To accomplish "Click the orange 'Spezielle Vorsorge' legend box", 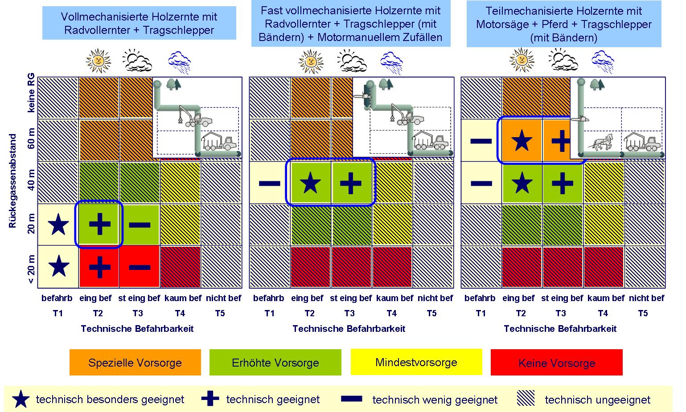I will [135, 362].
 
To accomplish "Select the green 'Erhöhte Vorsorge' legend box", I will [275, 362].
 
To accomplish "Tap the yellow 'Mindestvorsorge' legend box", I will [416, 362].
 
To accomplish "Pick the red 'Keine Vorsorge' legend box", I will [556, 363].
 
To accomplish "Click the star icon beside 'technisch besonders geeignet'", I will [21, 400].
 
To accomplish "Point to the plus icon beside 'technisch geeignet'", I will [210, 399].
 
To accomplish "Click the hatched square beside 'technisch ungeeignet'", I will [526, 399].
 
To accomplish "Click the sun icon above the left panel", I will [98, 61].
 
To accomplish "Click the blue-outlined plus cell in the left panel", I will [99, 224].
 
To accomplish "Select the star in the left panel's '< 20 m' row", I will [58, 267].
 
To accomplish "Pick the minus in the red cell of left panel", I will [140, 267].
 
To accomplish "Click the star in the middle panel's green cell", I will [311, 183].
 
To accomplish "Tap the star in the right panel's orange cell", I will [522, 141].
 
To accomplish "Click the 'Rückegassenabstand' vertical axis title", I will [13, 181].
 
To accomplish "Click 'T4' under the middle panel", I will [391, 313].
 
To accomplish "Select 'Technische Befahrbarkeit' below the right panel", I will [560, 329].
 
